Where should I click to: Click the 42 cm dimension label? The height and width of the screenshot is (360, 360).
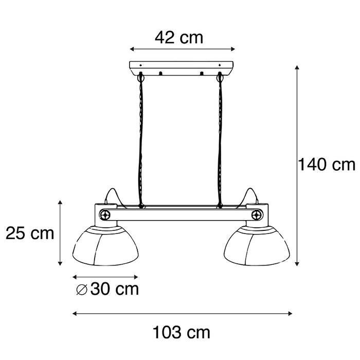[x=179, y=37]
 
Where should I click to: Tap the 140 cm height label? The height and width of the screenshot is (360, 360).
[x=327, y=165]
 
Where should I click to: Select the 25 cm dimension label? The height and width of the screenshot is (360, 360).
[x=30, y=233]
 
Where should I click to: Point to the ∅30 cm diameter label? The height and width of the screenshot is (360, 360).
[x=107, y=289]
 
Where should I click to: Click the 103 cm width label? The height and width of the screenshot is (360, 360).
[x=181, y=333]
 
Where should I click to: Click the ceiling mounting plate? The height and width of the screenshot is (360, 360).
[x=181, y=67]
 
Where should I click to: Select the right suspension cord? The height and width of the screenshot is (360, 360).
[x=220, y=139]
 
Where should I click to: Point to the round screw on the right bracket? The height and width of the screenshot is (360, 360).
[x=257, y=214]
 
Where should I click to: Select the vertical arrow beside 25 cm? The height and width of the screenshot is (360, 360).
[x=61, y=233]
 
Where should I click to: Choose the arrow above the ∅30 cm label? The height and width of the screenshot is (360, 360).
[x=105, y=277]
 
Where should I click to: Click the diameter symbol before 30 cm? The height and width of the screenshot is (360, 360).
[x=81, y=290]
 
